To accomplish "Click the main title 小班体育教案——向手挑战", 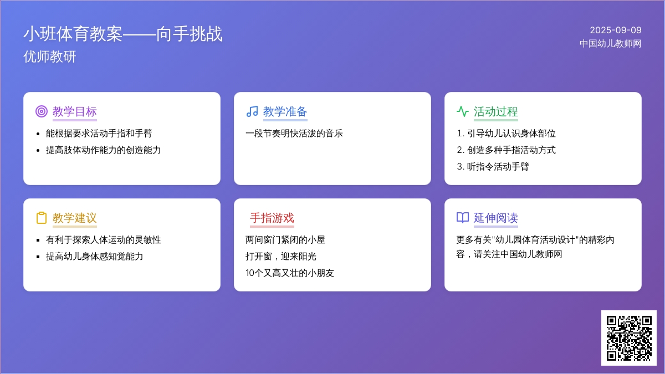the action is [123, 34].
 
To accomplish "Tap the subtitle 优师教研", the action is [50, 57].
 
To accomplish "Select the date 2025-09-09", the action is [616, 30].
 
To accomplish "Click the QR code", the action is [629, 338].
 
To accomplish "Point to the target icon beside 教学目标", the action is [42, 111].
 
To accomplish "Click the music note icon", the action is [252, 111].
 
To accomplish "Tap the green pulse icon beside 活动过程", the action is [463, 111].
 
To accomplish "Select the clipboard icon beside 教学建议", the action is [42, 218].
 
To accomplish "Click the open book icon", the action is [463, 218].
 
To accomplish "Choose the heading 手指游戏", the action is [272, 218].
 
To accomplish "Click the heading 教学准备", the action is [285, 111].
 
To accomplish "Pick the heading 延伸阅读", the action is [496, 218].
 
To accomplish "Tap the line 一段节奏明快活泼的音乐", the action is [294, 134].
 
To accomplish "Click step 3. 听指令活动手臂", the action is [493, 167].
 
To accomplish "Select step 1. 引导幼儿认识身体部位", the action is [506, 134].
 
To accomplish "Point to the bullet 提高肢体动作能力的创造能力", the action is [103, 150].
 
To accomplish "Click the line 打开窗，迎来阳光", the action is [281, 256].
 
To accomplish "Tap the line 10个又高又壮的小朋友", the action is [290, 273].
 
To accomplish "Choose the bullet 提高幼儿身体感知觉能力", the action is [94, 256].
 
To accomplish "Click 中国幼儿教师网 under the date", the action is [610, 44].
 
